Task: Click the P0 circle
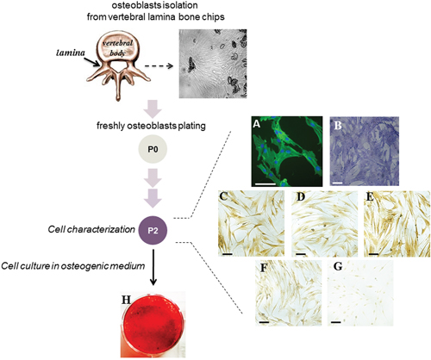153,149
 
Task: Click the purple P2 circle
153,230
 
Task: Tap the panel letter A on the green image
257,123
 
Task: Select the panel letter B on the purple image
338,125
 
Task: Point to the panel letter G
338,267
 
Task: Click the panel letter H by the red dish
126,300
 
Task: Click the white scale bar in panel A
265,183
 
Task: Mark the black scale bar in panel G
335,322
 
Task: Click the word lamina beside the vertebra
71,53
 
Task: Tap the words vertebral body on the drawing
117,48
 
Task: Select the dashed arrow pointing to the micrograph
159,66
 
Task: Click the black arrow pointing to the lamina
93,61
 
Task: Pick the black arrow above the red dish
153,267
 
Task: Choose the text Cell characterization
91,229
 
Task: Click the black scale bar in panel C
227,254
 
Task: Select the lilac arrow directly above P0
153,109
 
